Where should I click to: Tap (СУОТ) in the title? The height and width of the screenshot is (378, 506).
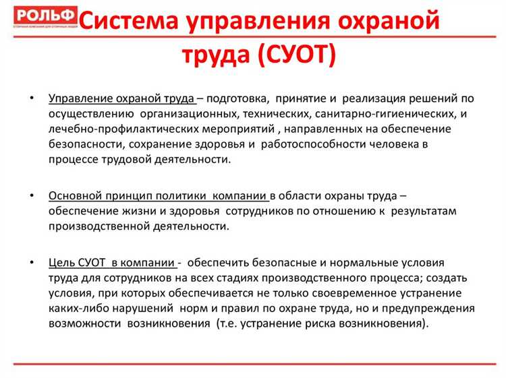[x=297, y=55]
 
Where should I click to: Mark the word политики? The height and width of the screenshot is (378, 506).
[x=179, y=196]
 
